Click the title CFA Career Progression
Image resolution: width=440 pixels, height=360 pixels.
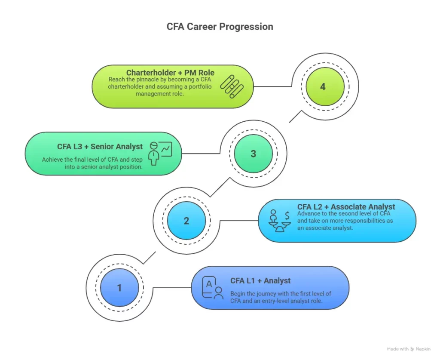coord(220,27)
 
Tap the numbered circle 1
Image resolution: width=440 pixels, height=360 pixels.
coord(119,288)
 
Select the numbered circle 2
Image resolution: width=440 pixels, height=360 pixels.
coord(186,221)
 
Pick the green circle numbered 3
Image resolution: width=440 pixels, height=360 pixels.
coord(253,154)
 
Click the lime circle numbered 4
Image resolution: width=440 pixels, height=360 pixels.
coord(323,86)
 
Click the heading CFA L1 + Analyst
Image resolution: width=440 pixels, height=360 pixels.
coord(260,281)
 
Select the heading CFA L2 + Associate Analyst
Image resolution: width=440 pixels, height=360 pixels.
coord(346,207)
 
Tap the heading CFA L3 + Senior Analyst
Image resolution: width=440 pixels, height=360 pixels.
coord(100,147)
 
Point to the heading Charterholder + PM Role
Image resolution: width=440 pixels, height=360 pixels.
coord(170,73)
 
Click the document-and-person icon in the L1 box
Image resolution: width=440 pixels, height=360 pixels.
coord(213,288)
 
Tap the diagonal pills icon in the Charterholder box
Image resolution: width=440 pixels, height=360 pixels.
coord(232,86)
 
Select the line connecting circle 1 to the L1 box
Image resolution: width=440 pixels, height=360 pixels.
coord(172,288)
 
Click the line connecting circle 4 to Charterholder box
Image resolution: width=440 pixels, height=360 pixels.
coord(273,86)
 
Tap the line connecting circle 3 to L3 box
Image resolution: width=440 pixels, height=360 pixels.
coord(200,154)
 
